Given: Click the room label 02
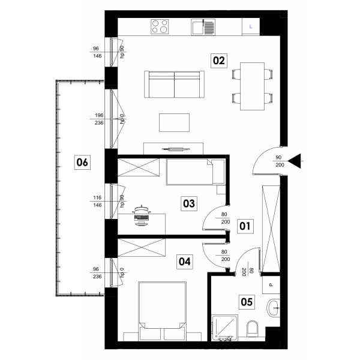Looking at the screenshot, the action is coord(219,61).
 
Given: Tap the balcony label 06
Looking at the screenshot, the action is coord(82,163).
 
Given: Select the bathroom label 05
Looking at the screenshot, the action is coord(247,302).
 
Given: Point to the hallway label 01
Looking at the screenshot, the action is coord(245,226).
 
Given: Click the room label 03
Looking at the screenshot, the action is coord(189,203).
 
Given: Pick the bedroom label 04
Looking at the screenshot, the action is coord(185,262).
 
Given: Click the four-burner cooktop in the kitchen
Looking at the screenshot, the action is coord(160,26).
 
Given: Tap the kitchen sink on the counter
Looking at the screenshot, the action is coord(203,27).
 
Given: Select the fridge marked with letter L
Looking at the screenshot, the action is coord(251,27).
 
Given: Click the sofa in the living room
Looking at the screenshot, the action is coord(174,84).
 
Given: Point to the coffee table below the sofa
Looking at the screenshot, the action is coord(174,122).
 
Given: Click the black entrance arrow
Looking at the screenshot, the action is coord(295,161).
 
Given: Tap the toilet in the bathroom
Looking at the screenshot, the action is coord(253,329).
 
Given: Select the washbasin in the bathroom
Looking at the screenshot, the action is coord(273,308).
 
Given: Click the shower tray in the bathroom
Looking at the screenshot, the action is coord(224,328).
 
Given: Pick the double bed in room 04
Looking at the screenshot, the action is coord(162,311).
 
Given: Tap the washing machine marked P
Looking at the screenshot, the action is coord(271,284).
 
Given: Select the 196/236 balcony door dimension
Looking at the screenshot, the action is coord(99,119).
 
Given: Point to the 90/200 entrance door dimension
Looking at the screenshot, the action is coord(280,161).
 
